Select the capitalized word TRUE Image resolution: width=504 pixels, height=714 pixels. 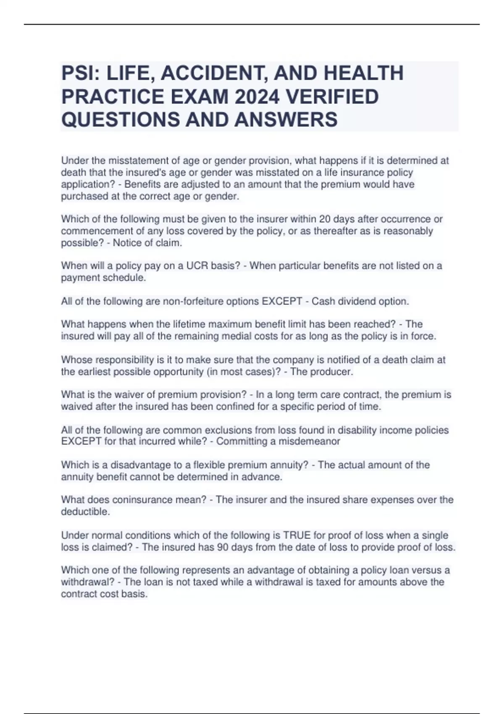click(x=297, y=535)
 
